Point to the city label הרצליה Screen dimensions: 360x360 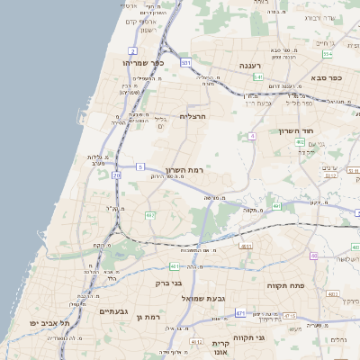pos(193,116)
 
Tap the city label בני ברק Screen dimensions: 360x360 pos(170,283)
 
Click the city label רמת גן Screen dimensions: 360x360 pos(148,317)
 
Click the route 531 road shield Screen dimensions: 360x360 pos(185,63)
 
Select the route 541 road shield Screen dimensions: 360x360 pos(257,77)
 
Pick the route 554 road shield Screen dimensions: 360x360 pos(328,54)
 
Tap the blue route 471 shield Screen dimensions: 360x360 pos(240,313)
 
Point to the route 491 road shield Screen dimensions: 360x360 pos(277,206)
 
